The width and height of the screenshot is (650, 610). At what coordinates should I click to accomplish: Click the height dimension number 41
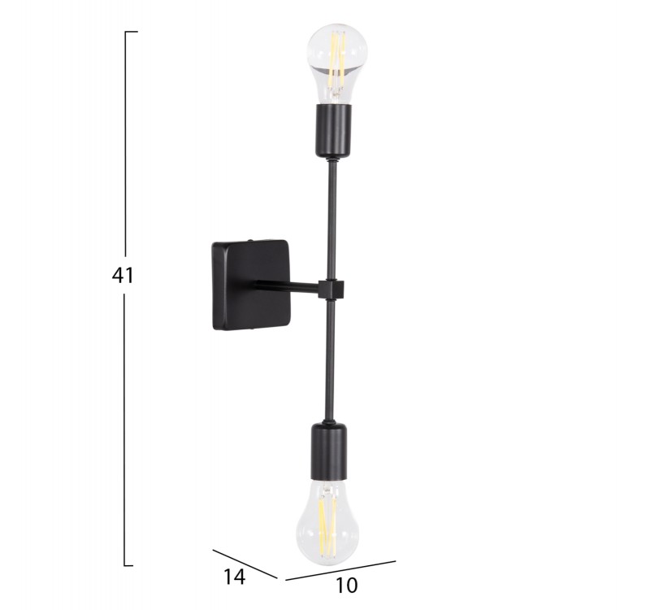(x=123, y=275)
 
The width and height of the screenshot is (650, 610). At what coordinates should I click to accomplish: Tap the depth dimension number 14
(x=235, y=577)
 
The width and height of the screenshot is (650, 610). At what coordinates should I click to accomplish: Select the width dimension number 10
(x=346, y=586)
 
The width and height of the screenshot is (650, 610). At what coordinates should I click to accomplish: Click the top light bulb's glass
(x=337, y=63)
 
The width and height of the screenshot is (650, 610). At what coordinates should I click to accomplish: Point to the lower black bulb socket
(x=328, y=451)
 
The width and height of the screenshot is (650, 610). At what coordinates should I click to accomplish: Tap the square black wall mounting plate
(x=251, y=285)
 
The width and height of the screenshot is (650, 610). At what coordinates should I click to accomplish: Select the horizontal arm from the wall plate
(x=287, y=287)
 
